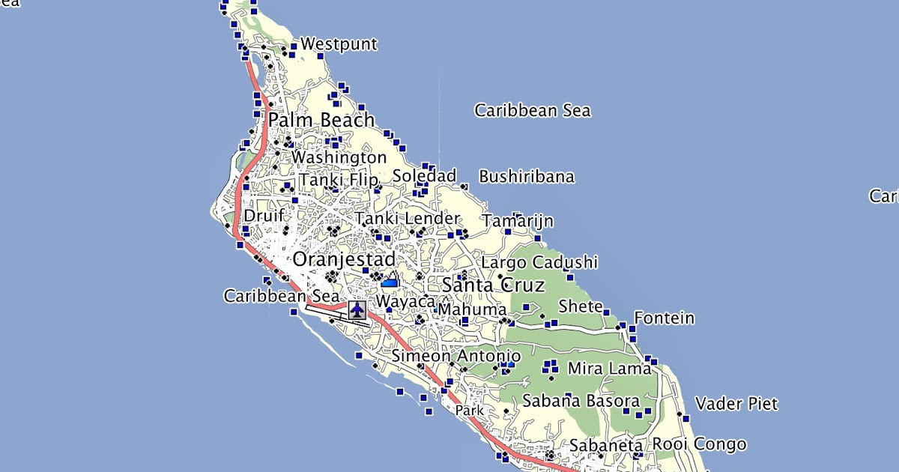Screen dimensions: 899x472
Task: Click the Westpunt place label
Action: pyautogui.click(x=339, y=44)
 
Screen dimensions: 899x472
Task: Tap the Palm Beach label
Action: pyautogui.click(x=321, y=120)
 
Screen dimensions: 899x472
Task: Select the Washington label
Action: pyautogui.click(x=339, y=158)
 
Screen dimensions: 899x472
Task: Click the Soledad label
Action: pyautogui.click(x=424, y=176)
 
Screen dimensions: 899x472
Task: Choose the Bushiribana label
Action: pyautogui.click(x=527, y=177)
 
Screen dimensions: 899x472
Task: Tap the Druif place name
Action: pyautogui.click(x=264, y=216)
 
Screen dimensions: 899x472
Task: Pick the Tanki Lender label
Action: pyautogui.click(x=407, y=219)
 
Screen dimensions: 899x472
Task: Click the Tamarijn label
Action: pyautogui.click(x=518, y=221)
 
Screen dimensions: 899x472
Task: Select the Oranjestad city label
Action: pyautogui.click(x=344, y=259)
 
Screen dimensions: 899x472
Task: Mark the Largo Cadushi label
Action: pyautogui.click(x=539, y=262)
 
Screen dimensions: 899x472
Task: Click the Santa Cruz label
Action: pyautogui.click(x=483, y=285)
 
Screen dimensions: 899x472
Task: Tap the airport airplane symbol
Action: pyautogui.click(x=357, y=309)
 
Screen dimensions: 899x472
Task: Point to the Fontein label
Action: pyautogui.click(x=664, y=318)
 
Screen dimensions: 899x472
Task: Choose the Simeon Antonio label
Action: pyautogui.click(x=456, y=356)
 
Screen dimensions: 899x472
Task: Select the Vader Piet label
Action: pyautogui.click(x=736, y=405)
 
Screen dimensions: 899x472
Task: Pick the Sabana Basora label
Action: pyautogui.click(x=581, y=401)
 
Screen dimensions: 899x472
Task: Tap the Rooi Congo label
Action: pyautogui.click(x=699, y=444)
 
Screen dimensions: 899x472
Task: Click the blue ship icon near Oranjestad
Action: pyautogui.click(x=390, y=282)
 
